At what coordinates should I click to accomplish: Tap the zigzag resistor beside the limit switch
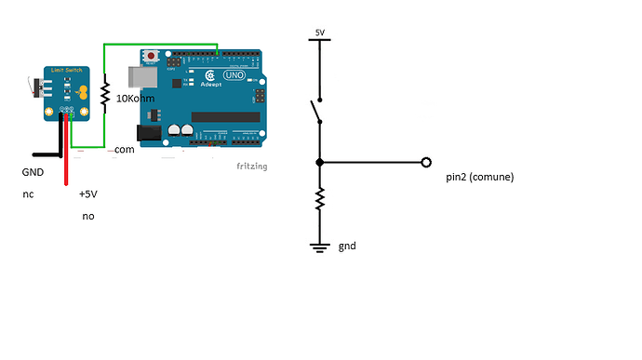pyautogui.click(x=105, y=93)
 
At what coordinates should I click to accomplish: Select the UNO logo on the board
pyautogui.click(x=233, y=75)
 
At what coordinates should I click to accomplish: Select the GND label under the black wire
pyautogui.click(x=33, y=172)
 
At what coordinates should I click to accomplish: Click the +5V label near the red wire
pyautogui.click(x=87, y=195)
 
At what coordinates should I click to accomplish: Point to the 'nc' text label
pyautogui.click(x=28, y=195)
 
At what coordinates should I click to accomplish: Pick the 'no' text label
pyautogui.click(x=87, y=216)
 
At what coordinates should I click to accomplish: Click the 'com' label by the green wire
pyautogui.click(x=125, y=149)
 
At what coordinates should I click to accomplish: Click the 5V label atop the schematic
pyautogui.click(x=320, y=33)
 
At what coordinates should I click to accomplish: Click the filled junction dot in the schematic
pyautogui.click(x=320, y=162)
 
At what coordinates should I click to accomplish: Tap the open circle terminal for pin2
pyautogui.click(x=426, y=162)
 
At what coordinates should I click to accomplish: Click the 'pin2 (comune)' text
pyautogui.click(x=480, y=177)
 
